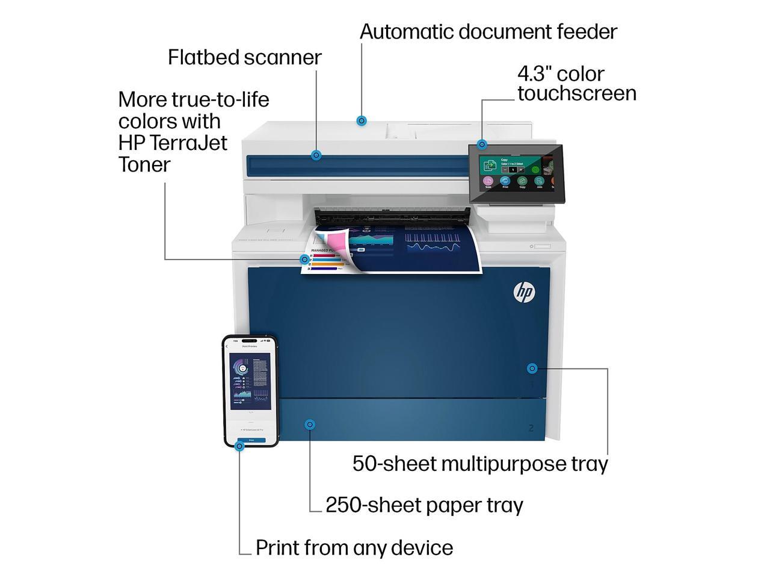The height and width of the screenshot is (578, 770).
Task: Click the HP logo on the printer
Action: click(x=524, y=293)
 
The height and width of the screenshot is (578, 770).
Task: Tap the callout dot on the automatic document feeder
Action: click(x=362, y=121)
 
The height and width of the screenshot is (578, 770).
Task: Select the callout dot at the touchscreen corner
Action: click(x=482, y=144)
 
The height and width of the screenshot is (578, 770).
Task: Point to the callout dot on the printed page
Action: click(x=305, y=259)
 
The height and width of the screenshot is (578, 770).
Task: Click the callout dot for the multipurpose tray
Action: click(x=532, y=368)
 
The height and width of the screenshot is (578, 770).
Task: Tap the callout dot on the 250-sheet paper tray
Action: click(x=310, y=424)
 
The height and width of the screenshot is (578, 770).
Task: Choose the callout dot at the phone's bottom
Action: click(x=239, y=446)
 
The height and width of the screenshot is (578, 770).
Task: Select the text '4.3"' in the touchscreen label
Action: click(x=534, y=74)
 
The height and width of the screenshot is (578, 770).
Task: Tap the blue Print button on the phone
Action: click(x=251, y=440)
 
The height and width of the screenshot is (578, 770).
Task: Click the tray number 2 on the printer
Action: click(x=531, y=428)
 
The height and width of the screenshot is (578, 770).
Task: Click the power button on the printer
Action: click(x=532, y=246)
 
